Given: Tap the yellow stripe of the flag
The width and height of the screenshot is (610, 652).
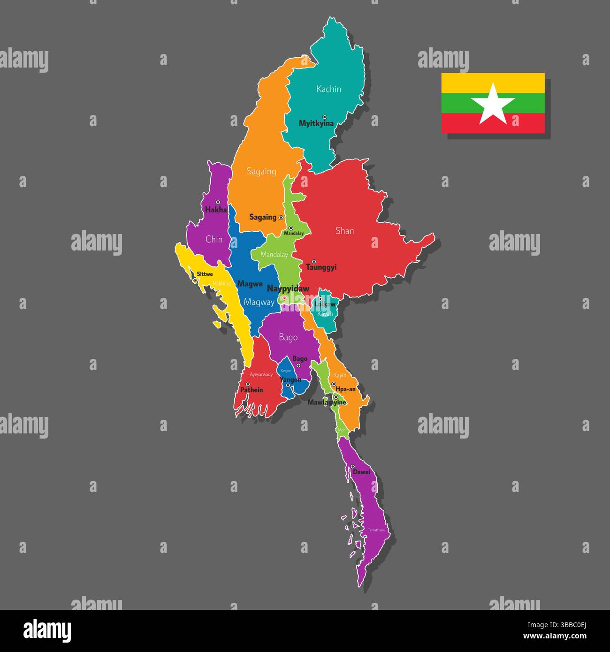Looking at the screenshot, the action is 493,83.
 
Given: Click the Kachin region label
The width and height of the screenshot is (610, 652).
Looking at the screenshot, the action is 328,89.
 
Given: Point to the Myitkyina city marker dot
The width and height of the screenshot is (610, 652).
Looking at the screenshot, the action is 324,117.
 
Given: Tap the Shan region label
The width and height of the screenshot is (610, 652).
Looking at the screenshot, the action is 344,231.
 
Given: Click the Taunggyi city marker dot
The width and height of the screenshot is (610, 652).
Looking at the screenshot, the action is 314,261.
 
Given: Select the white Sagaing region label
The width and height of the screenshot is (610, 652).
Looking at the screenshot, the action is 261,172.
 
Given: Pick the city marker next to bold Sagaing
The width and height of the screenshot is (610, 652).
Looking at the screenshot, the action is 281,218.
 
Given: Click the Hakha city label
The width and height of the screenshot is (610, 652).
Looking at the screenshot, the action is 216,210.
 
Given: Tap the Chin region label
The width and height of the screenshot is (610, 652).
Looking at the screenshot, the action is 214,239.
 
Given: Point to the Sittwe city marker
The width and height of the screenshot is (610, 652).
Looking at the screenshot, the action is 195,281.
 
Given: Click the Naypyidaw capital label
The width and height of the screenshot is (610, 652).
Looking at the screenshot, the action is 288,288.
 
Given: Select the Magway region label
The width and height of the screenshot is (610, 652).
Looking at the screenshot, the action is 259,303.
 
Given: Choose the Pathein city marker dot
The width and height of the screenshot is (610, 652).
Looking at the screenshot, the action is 248,384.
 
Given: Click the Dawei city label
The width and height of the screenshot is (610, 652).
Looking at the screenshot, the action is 362,472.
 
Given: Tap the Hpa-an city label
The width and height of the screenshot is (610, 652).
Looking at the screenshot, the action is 345,389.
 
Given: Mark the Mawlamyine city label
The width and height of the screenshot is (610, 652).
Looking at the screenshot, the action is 327,402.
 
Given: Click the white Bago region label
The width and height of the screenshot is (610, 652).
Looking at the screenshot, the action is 288,337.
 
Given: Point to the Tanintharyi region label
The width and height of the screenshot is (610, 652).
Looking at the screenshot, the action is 376,530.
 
